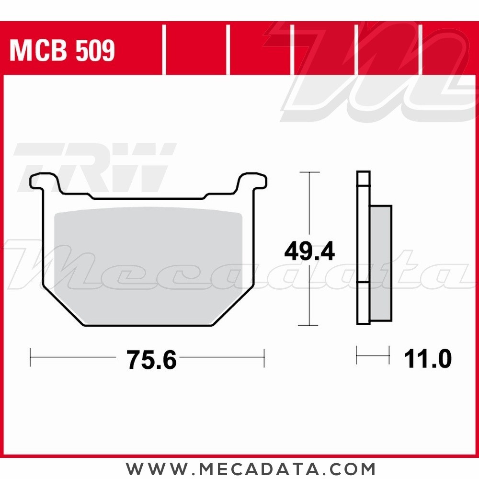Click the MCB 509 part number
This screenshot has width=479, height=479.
point(62,51)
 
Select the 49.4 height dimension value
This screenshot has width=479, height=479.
point(309,251)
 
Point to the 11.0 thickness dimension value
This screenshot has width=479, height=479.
point(428,359)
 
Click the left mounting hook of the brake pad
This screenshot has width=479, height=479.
point(45,182)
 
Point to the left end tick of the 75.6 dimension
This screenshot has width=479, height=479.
point(31,357)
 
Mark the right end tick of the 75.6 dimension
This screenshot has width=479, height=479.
point(264,357)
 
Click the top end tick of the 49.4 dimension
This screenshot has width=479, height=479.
point(309,172)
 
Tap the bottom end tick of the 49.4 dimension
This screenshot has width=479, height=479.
point(309,325)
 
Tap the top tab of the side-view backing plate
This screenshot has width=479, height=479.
point(363,179)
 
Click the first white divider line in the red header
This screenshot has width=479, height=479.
point(164,50)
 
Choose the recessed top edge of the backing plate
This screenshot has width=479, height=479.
point(148,197)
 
